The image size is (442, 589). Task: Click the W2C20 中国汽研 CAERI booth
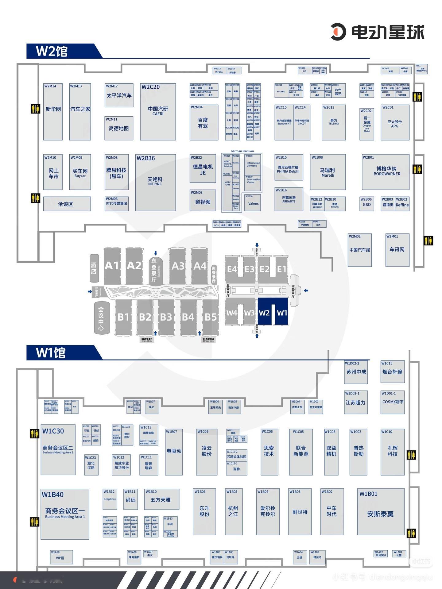[158, 111]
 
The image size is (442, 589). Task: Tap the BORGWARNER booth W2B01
[386, 172]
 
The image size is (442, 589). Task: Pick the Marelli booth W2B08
[328, 172]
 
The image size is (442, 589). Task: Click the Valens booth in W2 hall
[253, 203]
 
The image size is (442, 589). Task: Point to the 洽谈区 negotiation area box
[67, 204]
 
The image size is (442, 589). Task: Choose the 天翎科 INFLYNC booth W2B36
[155, 182]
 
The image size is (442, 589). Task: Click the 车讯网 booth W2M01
[397, 250]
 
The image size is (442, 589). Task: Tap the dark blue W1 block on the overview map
[281, 312]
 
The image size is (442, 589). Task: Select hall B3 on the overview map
[166, 317]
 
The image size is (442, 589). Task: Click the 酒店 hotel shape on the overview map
[94, 268]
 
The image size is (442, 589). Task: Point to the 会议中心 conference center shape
[101, 318]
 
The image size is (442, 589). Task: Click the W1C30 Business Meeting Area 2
[58, 449]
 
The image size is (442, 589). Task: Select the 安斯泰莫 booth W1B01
[381, 511]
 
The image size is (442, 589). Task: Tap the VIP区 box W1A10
[61, 557]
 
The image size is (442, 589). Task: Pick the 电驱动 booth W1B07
[174, 452]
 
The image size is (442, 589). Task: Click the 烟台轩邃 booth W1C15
[392, 371]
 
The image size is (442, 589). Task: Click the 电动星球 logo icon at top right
[338, 32]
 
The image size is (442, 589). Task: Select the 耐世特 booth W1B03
[300, 511]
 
